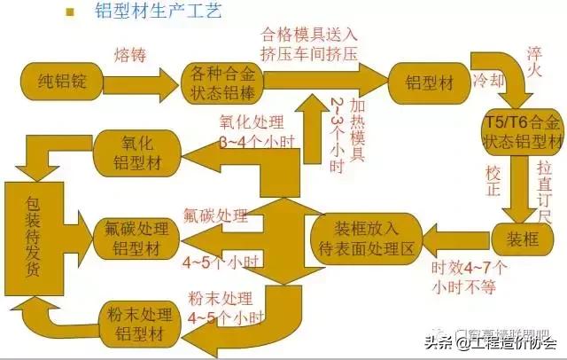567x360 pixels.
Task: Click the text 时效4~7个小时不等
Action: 469,276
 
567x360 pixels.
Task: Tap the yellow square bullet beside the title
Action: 67,12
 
